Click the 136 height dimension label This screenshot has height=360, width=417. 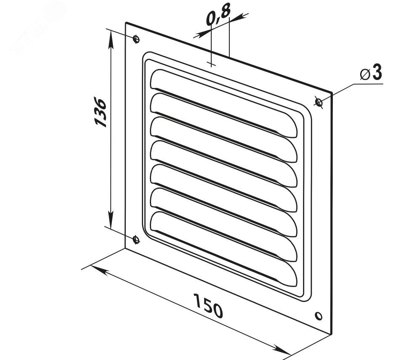tap(101, 112)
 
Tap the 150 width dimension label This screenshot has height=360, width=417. tap(208, 306)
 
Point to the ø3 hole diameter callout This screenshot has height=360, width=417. tap(371, 73)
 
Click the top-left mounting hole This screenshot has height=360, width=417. tap(136, 40)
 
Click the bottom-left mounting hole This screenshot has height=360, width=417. tap(136, 239)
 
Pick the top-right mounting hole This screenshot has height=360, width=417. tap(319, 102)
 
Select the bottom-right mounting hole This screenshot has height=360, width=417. tap(319, 316)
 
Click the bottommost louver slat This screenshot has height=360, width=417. tap(223, 249)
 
